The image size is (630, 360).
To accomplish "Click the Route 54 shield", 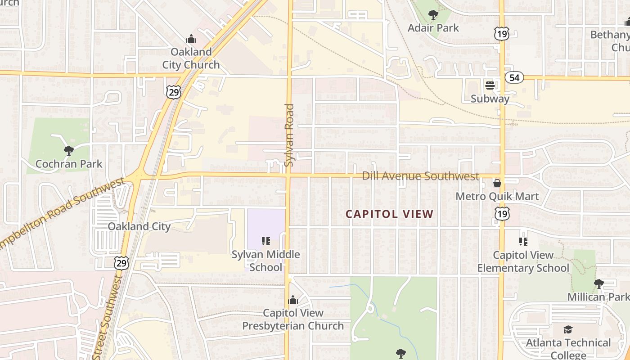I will [514, 78].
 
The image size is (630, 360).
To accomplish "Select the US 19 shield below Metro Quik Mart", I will [501, 214].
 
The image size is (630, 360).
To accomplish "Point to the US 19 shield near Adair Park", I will [501, 33].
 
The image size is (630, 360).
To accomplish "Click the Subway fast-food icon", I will [490, 85].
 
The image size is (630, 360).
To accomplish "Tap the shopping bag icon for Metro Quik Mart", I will [497, 183].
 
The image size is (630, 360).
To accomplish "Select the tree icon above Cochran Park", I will [69, 150].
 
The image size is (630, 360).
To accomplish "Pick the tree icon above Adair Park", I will [433, 15].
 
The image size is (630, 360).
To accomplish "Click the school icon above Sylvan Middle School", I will [265, 241].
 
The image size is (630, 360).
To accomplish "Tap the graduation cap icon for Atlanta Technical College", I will [568, 329].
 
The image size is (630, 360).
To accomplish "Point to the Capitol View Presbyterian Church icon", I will [293, 299].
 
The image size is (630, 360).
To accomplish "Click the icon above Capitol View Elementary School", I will [523, 242].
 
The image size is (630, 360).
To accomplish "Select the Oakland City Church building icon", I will [191, 39].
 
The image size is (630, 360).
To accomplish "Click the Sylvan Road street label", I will [289, 135].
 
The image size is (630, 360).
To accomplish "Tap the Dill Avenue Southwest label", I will [420, 176].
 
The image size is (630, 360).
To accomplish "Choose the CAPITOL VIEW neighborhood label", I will [389, 214].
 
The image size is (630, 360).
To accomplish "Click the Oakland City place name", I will [139, 226].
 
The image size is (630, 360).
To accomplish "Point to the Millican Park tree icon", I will [598, 283].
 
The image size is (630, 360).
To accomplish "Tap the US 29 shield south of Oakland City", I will [121, 263].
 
